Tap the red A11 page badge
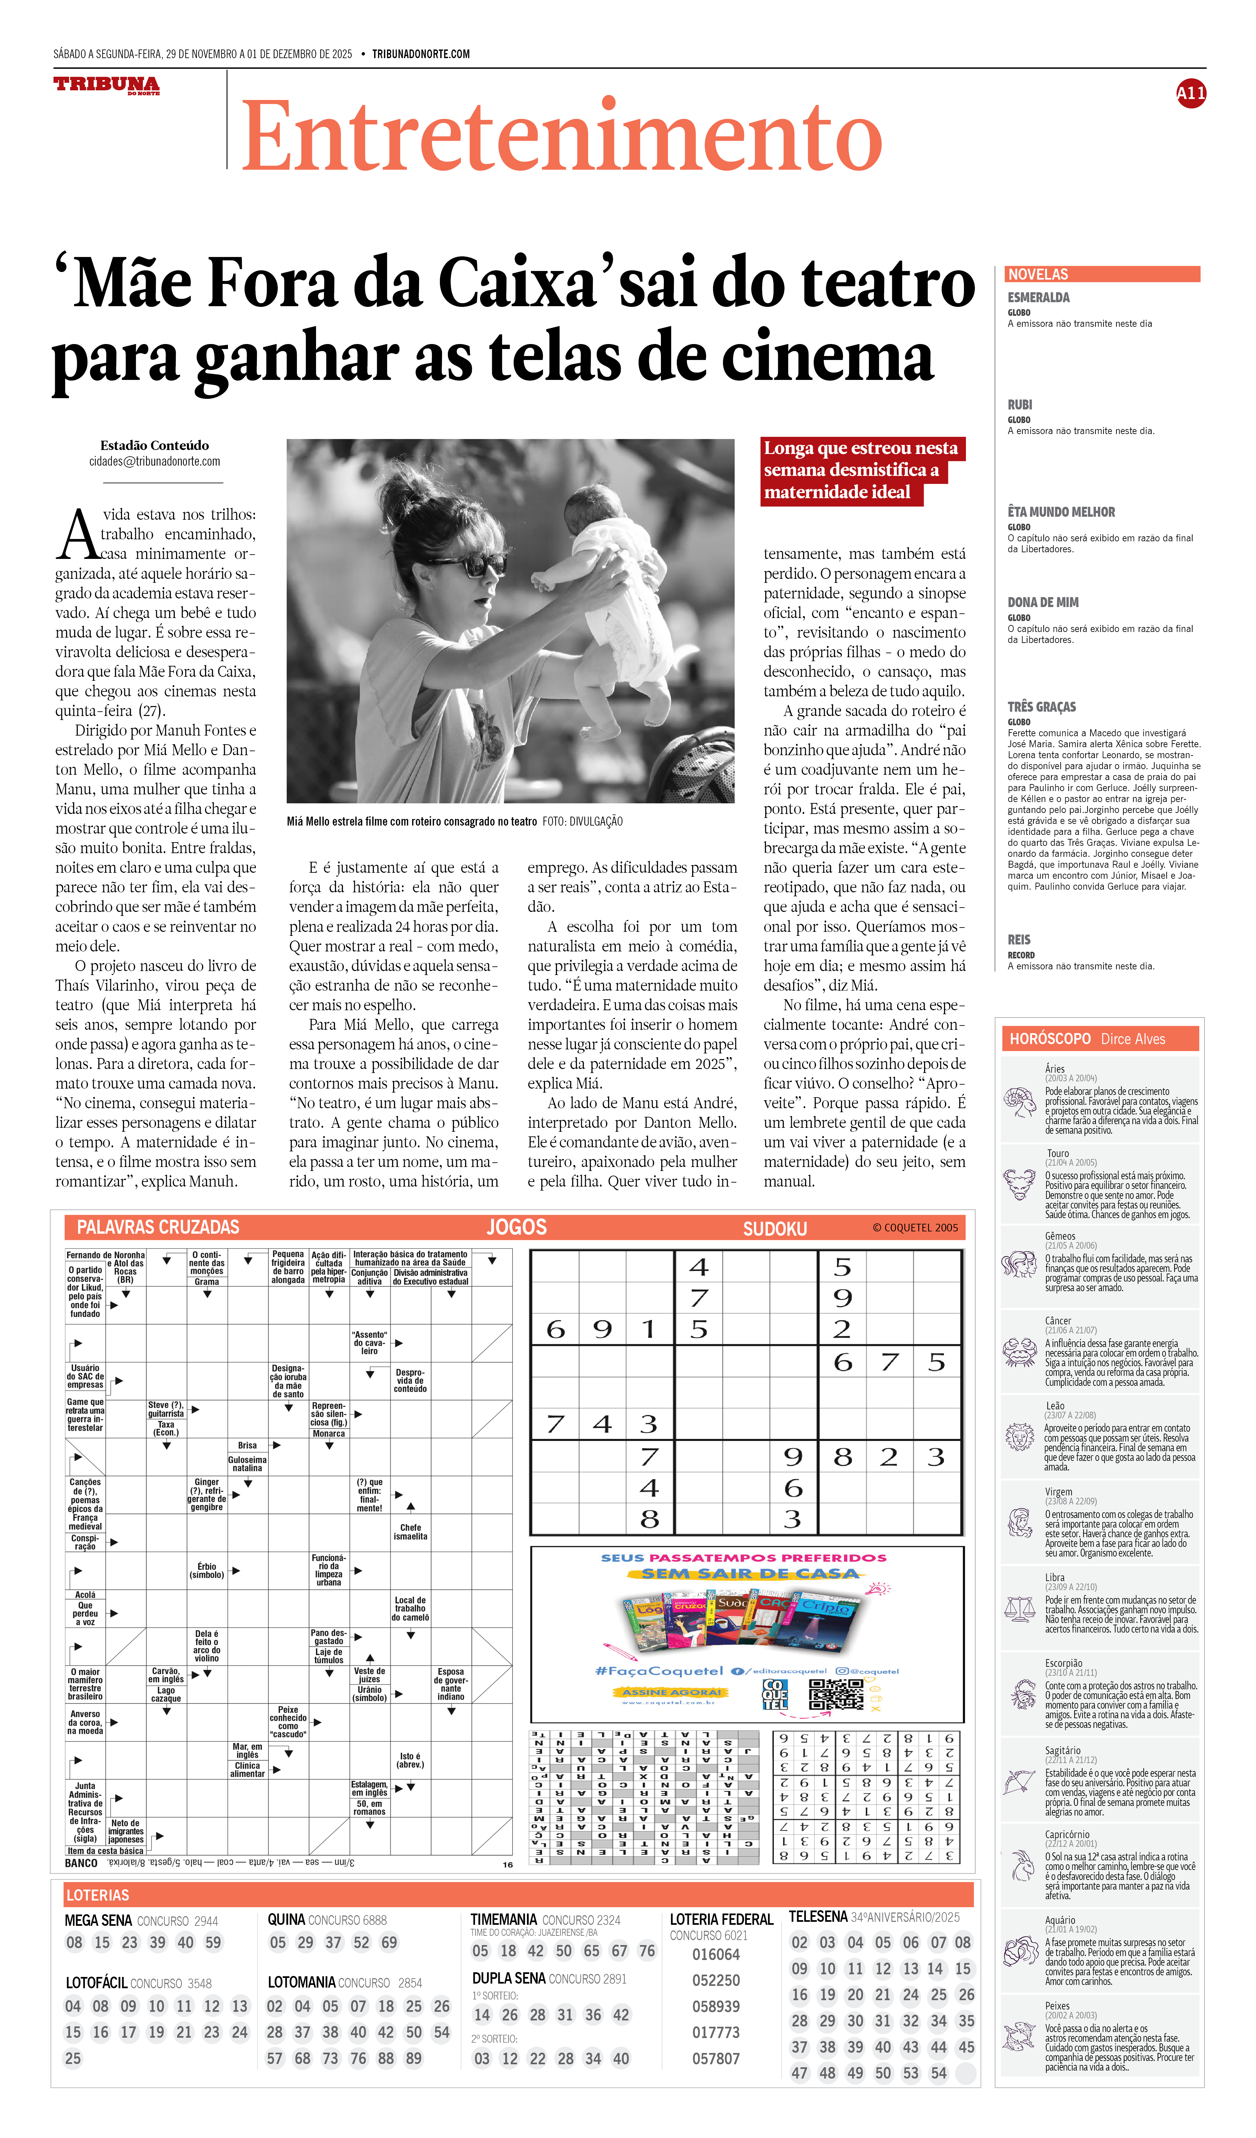click(x=1191, y=93)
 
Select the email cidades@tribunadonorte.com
click(x=155, y=462)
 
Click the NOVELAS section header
click(x=1038, y=274)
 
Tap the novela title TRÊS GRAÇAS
click(x=1041, y=707)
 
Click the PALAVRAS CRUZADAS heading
click(x=158, y=1227)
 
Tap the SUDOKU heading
click(x=775, y=1228)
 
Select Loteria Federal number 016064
click(x=715, y=1954)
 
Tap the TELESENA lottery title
click(x=818, y=1916)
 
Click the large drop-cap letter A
click(x=78, y=535)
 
